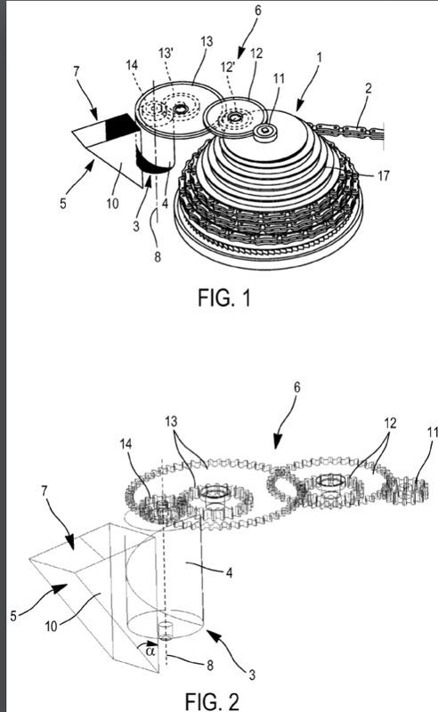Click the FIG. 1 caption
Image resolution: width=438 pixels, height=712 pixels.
(224, 298)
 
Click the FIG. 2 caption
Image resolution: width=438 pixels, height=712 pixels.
(212, 701)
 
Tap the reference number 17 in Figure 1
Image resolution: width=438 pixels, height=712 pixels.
(383, 175)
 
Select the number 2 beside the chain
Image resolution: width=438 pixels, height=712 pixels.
(368, 87)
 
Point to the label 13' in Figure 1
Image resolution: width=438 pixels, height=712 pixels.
(166, 53)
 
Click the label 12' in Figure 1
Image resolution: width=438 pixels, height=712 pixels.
(228, 67)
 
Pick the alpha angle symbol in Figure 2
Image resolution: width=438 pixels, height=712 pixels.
(150, 651)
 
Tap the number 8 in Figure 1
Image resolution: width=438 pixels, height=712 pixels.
(158, 257)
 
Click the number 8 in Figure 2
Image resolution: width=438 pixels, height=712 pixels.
(209, 665)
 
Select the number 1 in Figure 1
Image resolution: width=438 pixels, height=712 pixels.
(320, 58)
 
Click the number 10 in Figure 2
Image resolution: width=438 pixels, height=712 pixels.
(52, 627)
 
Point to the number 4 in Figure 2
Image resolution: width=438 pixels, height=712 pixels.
(229, 573)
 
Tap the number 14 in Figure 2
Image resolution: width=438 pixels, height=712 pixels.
(126, 443)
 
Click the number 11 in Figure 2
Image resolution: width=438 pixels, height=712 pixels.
(432, 432)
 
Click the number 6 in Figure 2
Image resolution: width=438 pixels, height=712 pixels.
(296, 387)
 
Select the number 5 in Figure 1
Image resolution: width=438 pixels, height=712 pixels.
(62, 203)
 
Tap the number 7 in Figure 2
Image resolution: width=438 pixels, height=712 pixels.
(45, 491)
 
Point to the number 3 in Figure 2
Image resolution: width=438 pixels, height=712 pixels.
(252, 675)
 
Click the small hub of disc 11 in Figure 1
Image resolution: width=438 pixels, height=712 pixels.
(264, 131)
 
